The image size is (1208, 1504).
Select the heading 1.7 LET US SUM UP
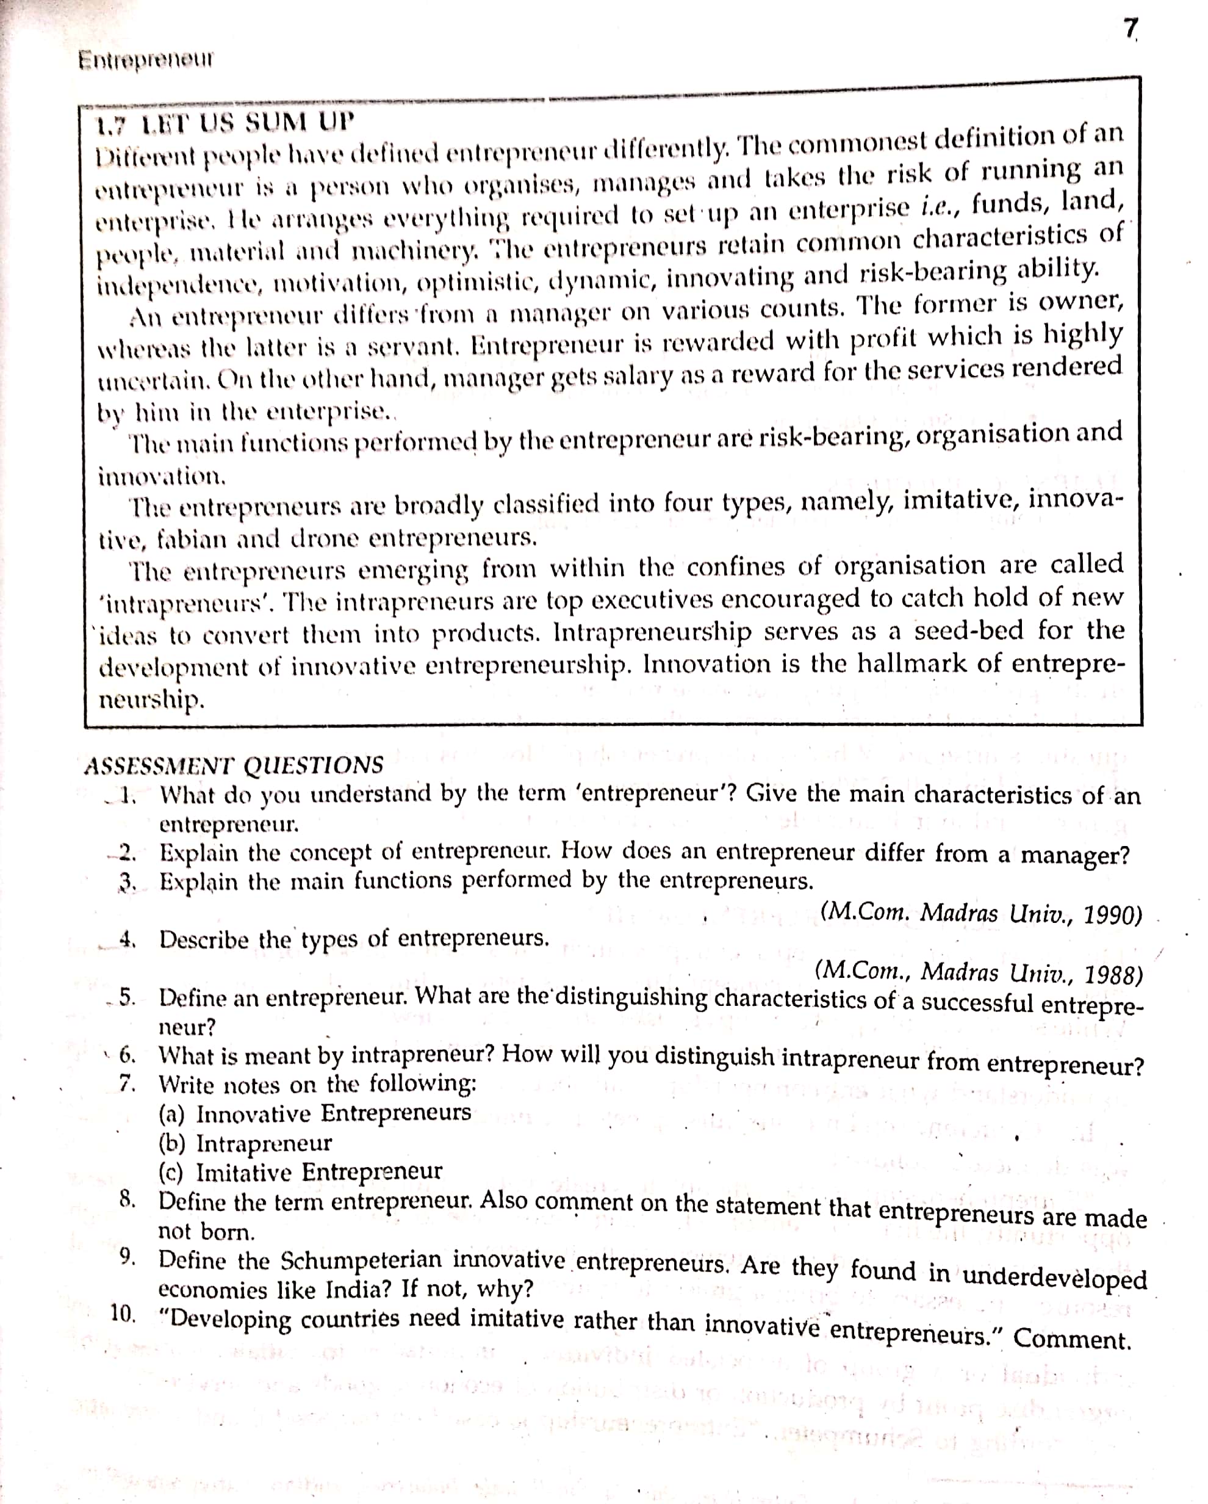pyautogui.click(x=225, y=124)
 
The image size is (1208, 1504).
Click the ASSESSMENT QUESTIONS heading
pyautogui.click(x=234, y=765)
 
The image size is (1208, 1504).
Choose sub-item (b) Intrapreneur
pyautogui.click(x=245, y=1143)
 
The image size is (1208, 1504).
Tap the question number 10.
pyautogui.click(x=123, y=1313)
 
